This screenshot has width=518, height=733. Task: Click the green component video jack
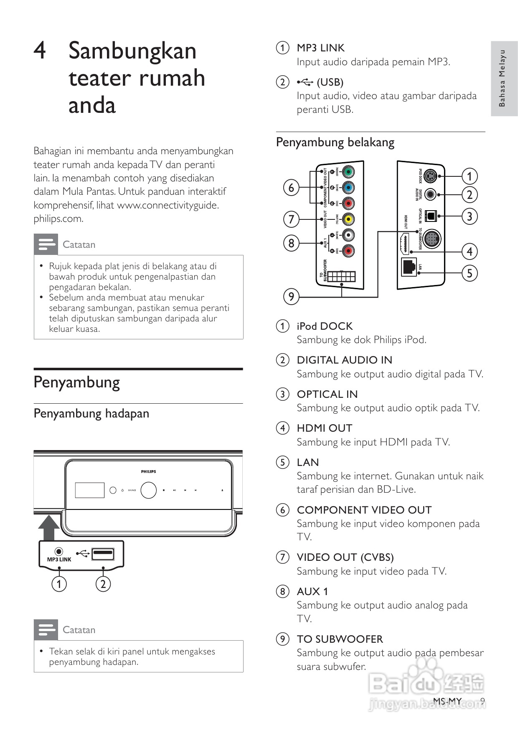tap(348, 172)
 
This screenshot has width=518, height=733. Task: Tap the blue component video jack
tap(348, 188)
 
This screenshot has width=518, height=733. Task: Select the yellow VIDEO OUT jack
tap(348, 219)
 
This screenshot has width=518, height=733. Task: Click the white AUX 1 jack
tap(348, 235)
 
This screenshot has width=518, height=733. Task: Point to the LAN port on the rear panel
tap(409, 267)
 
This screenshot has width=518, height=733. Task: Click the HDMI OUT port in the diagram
tap(404, 244)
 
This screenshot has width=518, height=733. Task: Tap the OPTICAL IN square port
tap(430, 216)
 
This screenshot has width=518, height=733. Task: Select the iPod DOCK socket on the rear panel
tap(431, 176)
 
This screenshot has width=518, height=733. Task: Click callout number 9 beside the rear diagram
tap(291, 297)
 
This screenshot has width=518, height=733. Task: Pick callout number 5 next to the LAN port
tap(470, 273)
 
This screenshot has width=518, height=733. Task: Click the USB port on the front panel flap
tap(103, 554)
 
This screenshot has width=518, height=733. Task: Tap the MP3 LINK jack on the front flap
tap(59, 552)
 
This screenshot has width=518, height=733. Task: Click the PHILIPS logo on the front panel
tap(148, 471)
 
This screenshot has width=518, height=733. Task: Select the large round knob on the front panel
tap(148, 490)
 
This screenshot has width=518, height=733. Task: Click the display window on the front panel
tap(90, 490)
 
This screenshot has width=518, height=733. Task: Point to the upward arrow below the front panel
tap(49, 527)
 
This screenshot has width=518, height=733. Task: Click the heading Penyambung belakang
tap(335, 143)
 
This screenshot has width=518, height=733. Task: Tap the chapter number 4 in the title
tap(40, 51)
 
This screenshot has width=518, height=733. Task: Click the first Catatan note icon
tap(46, 244)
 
